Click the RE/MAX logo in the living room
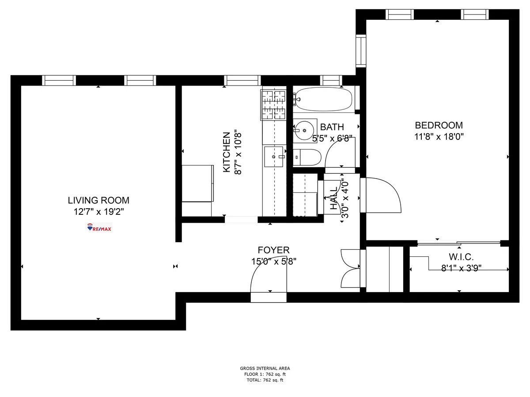coord(99,228)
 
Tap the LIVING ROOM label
coord(98,200)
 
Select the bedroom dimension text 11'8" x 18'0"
coord(439,137)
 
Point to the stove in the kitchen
coord(274,105)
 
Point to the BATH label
coord(332,127)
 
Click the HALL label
coord(333,198)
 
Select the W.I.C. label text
coord(461,257)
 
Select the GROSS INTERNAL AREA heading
coord(265,368)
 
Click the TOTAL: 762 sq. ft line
coord(265,380)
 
